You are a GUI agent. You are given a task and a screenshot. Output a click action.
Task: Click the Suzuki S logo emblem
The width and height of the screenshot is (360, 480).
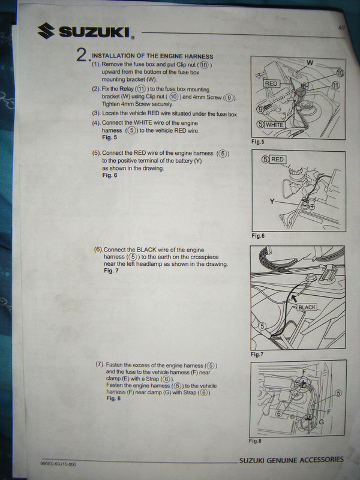[46, 31]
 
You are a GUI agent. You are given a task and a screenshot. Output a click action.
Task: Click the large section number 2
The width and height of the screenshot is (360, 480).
[82, 55]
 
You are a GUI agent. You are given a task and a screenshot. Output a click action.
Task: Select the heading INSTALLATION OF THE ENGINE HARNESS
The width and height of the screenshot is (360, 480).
[152, 56]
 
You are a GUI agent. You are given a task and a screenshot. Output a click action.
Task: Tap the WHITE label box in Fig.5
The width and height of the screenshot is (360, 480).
[275, 125]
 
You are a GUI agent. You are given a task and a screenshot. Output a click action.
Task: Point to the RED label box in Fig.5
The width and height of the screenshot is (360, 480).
[271, 83]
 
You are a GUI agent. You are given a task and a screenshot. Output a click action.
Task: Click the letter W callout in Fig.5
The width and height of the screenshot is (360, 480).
[310, 63]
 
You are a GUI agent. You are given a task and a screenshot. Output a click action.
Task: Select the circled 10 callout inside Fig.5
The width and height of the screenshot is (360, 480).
[340, 73]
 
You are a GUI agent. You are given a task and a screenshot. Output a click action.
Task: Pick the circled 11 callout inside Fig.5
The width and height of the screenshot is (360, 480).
[336, 85]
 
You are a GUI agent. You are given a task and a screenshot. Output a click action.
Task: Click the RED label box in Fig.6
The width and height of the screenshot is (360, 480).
[278, 159]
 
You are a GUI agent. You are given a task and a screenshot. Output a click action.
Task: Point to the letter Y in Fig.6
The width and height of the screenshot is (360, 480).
[272, 202]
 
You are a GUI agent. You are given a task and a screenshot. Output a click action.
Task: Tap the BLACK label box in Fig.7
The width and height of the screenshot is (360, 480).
[307, 307]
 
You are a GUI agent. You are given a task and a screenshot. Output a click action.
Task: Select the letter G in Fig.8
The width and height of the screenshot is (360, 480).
[321, 422]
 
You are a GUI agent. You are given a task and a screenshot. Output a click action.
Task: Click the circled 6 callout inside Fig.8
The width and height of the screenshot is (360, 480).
[278, 413]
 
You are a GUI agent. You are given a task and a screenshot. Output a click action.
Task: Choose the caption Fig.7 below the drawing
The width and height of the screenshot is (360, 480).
[257, 355]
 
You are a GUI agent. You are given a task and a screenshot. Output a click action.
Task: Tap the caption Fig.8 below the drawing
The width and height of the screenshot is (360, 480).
[255, 441]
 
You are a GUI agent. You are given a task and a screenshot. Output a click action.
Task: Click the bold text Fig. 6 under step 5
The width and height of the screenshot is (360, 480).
[110, 175]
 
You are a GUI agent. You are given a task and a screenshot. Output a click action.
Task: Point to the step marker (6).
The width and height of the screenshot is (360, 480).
[98, 250]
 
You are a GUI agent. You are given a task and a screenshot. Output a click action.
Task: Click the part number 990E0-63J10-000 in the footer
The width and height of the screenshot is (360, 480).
[58, 464]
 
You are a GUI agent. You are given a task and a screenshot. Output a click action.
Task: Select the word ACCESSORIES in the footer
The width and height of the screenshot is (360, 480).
[322, 460]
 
